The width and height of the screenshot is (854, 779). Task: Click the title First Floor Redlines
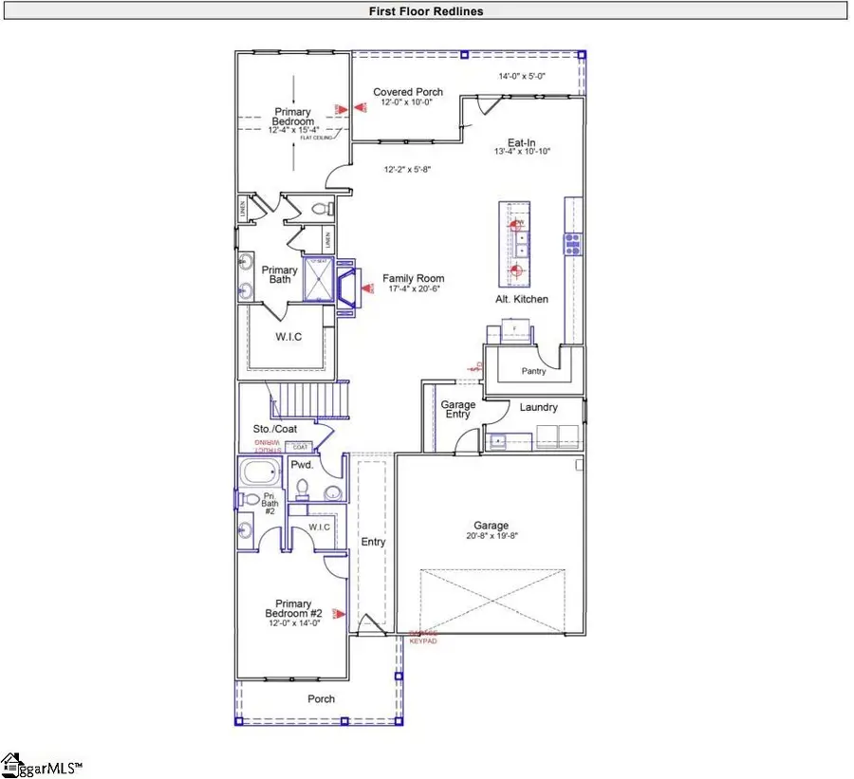coord(426,11)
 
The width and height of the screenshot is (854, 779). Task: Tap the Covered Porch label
coord(407,92)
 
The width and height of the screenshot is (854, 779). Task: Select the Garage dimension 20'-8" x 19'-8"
coord(491,537)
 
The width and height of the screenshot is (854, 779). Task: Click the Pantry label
coord(532,372)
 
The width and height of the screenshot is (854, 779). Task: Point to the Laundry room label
coord(538,408)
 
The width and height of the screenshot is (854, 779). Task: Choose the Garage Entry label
coord(458,410)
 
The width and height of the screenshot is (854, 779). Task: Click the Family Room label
coord(414,279)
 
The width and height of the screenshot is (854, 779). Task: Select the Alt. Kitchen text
coord(522,299)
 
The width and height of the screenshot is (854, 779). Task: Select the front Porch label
coord(321,699)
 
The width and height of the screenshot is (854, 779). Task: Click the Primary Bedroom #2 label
coord(293,608)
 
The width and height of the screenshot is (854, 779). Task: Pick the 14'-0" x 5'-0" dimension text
coord(521,76)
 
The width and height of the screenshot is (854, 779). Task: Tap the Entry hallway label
coord(373,542)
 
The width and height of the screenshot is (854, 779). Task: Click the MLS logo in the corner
coord(43,764)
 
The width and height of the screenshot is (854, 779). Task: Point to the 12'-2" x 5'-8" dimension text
coord(407,171)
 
